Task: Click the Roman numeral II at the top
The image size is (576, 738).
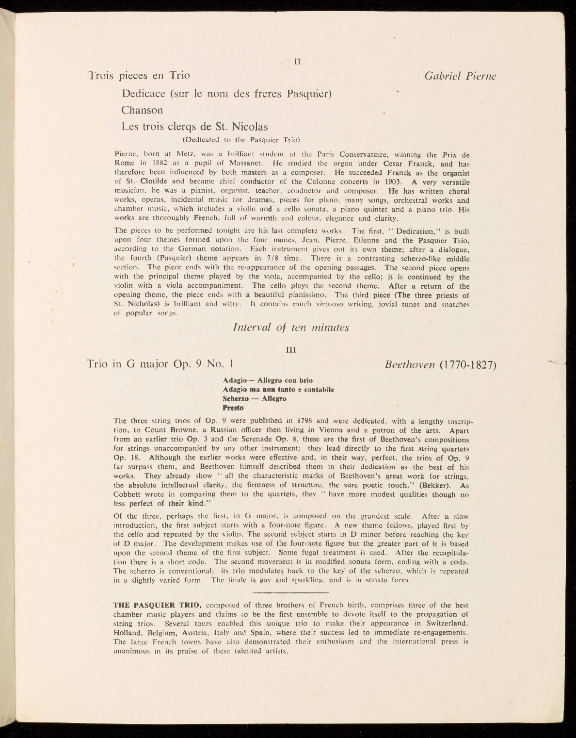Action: pyautogui.click(x=298, y=62)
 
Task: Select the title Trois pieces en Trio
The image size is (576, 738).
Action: pyautogui.click(x=139, y=76)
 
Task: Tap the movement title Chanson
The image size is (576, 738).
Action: pyautogui.click(x=142, y=110)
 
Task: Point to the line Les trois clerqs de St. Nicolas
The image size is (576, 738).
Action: pyautogui.click(x=194, y=127)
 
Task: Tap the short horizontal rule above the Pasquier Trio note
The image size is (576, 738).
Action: pyautogui.click(x=291, y=592)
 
